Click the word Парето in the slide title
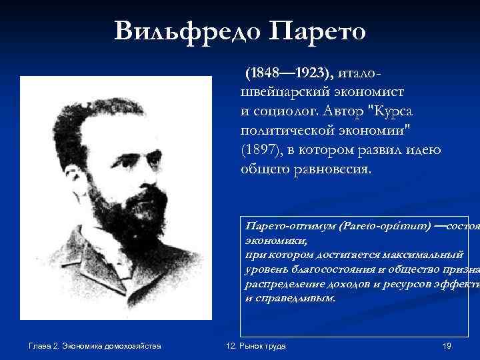pos(317,31)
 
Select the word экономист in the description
pos(377,91)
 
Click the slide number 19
pos(447,345)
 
